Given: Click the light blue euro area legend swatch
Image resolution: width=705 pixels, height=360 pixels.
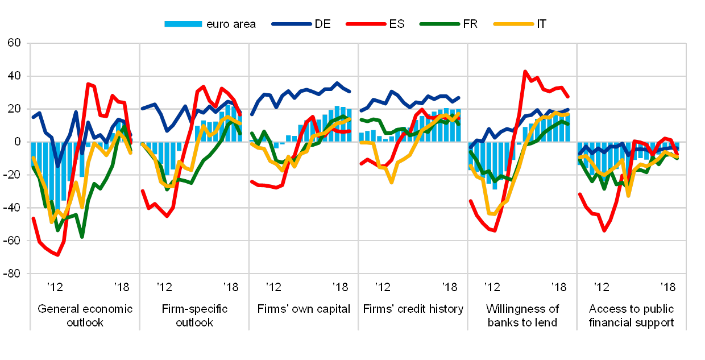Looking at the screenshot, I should [183, 24].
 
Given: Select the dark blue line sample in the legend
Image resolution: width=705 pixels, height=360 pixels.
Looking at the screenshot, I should [292, 24].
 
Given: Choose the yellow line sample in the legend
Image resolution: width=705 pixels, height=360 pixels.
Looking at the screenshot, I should [513, 24].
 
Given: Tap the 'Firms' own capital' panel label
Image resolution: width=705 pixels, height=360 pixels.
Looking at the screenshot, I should [303, 309].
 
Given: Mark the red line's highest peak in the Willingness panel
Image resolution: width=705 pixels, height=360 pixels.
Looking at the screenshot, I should [525, 72].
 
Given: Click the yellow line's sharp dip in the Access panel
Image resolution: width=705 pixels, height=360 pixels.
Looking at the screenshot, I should [628, 196].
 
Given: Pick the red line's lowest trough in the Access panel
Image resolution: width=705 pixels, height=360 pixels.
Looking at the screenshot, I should [604, 230].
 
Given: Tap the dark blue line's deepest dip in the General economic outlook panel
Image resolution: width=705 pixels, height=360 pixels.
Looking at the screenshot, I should [57, 165].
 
